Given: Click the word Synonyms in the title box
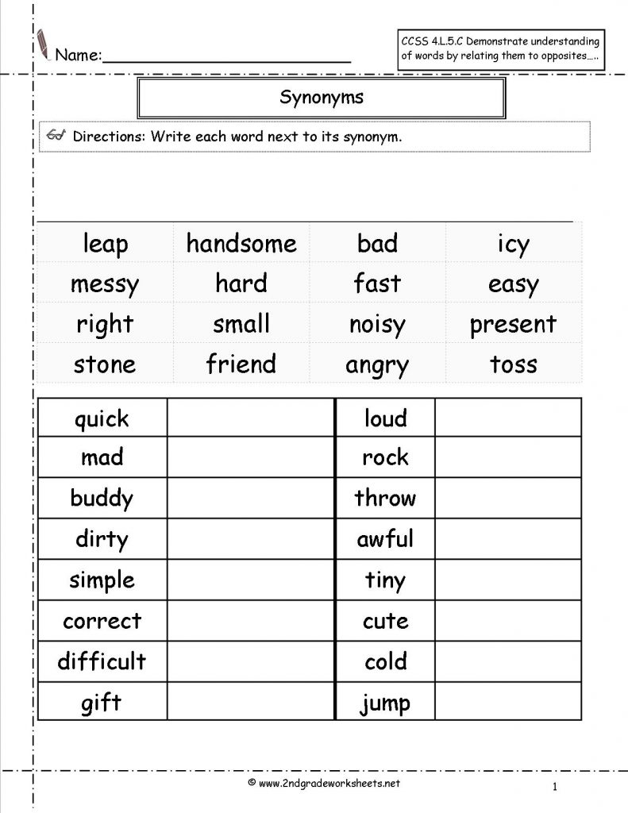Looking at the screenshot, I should tap(322, 98).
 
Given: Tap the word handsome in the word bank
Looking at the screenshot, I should tap(241, 244).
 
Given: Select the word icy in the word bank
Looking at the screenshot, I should tap(513, 245).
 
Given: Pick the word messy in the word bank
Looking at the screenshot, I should tap(105, 284).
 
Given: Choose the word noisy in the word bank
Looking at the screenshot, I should tap(377, 325).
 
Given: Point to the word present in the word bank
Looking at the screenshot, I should tap(513, 325).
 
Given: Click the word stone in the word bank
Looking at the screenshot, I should tap(105, 364).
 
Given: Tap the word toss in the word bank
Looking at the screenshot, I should tap(513, 364).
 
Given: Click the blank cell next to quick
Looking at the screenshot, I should tap(251, 418).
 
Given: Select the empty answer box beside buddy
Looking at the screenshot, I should tap(251, 499).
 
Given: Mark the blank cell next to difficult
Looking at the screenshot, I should tap(251, 661).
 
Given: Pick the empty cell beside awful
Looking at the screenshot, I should tap(508, 539).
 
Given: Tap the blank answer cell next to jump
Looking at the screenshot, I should tap(508, 702).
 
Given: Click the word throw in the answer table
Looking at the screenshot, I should tap(385, 499).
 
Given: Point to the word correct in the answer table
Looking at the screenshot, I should tap(102, 620).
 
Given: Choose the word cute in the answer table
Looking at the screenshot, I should tap(385, 620).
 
